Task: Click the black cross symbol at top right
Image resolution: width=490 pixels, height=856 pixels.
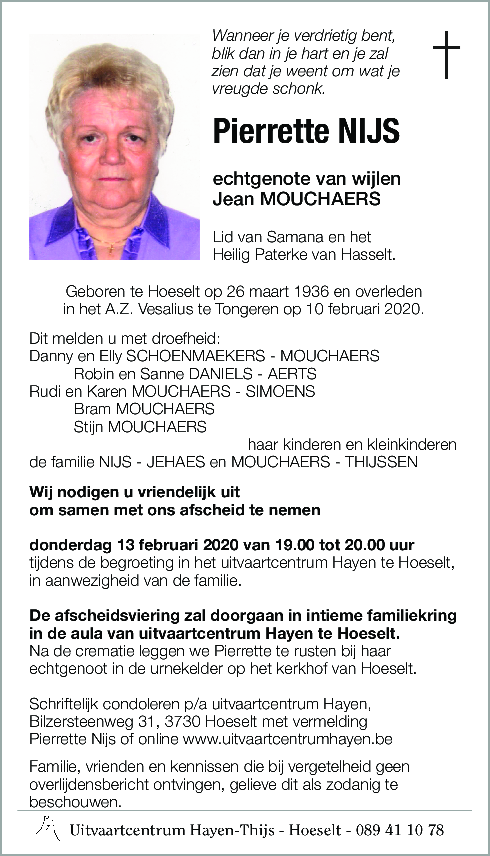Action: click(x=446, y=55)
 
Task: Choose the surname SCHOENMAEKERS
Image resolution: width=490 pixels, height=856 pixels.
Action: click(x=196, y=356)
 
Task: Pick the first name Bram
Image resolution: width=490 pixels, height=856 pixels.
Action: click(x=92, y=409)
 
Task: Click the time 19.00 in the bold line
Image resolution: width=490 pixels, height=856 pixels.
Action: click(x=287, y=545)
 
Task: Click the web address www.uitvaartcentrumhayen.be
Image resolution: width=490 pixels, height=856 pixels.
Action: click(x=288, y=739)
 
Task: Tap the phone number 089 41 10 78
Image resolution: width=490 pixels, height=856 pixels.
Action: click(x=400, y=830)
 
